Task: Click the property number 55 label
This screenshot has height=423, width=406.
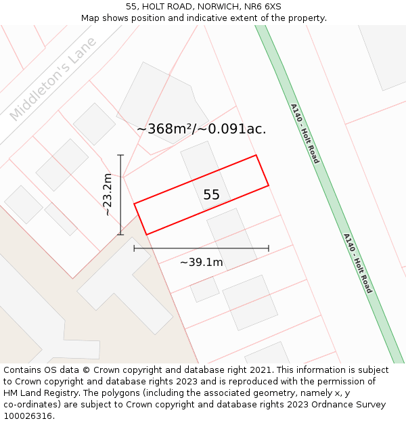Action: tap(211, 195)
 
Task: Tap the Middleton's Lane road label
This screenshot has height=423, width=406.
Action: tap(53, 79)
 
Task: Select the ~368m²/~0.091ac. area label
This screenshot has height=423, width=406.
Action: tap(201, 129)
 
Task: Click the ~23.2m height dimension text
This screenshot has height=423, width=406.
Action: tap(108, 194)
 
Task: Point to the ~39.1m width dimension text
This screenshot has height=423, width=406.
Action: tap(201, 262)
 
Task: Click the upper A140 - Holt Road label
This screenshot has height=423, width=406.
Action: tap(304, 133)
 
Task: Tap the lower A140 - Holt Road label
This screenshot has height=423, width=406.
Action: tap(357, 263)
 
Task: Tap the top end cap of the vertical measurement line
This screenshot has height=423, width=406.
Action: tap(120, 156)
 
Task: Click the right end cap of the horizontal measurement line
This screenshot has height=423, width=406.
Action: tap(269, 248)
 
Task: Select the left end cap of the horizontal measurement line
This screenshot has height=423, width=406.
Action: tap(134, 248)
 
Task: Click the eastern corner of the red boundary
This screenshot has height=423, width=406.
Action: tap(269, 184)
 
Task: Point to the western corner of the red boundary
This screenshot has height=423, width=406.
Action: tap(134, 203)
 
